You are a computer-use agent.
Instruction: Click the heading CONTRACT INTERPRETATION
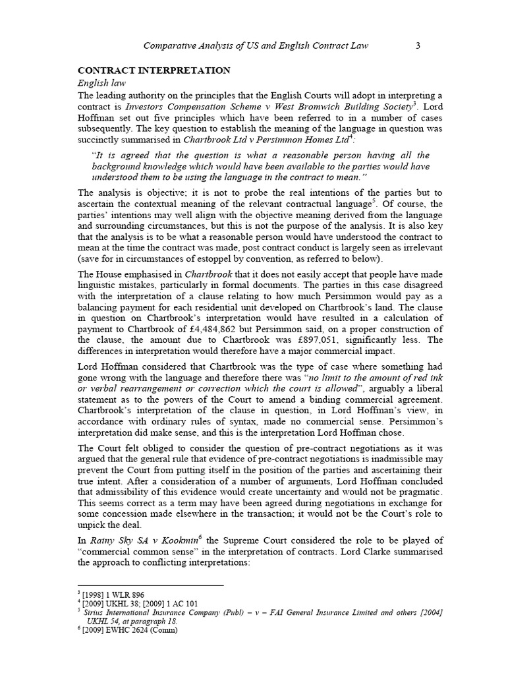(x=154, y=71)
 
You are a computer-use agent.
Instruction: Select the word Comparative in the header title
(x=172, y=45)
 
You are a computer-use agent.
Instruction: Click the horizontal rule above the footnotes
(x=151, y=585)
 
